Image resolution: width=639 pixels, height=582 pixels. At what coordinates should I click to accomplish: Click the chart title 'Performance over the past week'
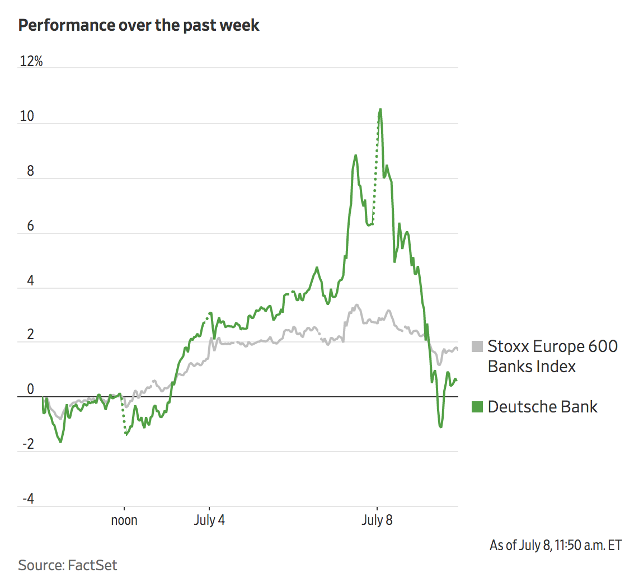coord(139,25)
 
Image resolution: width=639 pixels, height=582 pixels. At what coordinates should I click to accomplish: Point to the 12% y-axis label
coord(31,62)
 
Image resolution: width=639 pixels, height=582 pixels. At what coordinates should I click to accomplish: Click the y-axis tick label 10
coord(27,116)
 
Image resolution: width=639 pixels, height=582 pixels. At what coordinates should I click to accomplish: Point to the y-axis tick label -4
coord(28,499)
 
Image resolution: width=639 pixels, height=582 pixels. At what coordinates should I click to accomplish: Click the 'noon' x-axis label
coord(124,520)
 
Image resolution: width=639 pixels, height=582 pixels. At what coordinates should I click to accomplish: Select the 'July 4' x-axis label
coord(209,520)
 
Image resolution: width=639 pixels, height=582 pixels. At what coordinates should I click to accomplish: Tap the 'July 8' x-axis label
coord(377,520)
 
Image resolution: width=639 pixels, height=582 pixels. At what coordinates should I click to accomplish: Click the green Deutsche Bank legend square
coord(477,407)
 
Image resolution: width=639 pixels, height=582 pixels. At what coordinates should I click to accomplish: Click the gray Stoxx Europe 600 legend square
coord(477,346)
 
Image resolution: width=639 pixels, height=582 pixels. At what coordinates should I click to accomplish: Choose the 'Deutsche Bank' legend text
coord(542,407)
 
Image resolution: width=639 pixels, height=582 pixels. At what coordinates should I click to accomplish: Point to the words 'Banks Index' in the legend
coord(532,367)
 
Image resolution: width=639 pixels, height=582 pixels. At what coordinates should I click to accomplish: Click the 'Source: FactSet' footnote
coord(68,565)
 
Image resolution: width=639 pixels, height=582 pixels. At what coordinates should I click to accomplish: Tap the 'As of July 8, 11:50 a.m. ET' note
coord(555,545)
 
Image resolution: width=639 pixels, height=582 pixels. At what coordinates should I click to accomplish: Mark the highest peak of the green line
coord(380,109)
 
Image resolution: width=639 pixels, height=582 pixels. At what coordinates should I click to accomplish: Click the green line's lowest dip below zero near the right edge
coord(441,427)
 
